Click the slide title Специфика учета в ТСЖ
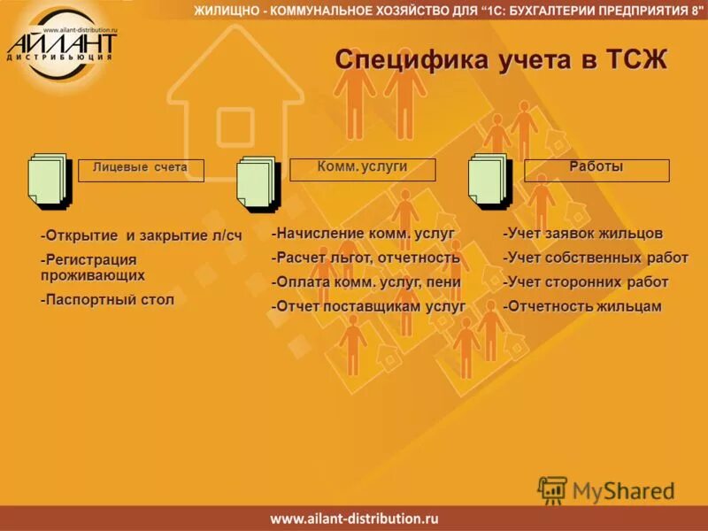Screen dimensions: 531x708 point(501,59)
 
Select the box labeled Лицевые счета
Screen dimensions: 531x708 point(141,170)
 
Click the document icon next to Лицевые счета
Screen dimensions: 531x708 point(49,181)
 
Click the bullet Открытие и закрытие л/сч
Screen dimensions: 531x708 point(141,235)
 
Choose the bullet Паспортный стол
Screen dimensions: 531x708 point(107,300)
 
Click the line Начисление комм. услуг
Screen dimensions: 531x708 point(363,234)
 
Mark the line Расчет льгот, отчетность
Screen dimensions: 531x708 point(366,258)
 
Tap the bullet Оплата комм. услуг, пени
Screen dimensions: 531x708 point(366,282)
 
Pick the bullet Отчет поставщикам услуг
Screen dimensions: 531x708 point(368,306)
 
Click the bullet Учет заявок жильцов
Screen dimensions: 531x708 point(582,234)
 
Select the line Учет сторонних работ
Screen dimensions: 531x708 point(585,282)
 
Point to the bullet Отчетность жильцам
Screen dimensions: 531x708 point(581,306)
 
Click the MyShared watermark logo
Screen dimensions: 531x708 point(607,490)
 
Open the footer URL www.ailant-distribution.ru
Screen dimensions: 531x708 point(354,519)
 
